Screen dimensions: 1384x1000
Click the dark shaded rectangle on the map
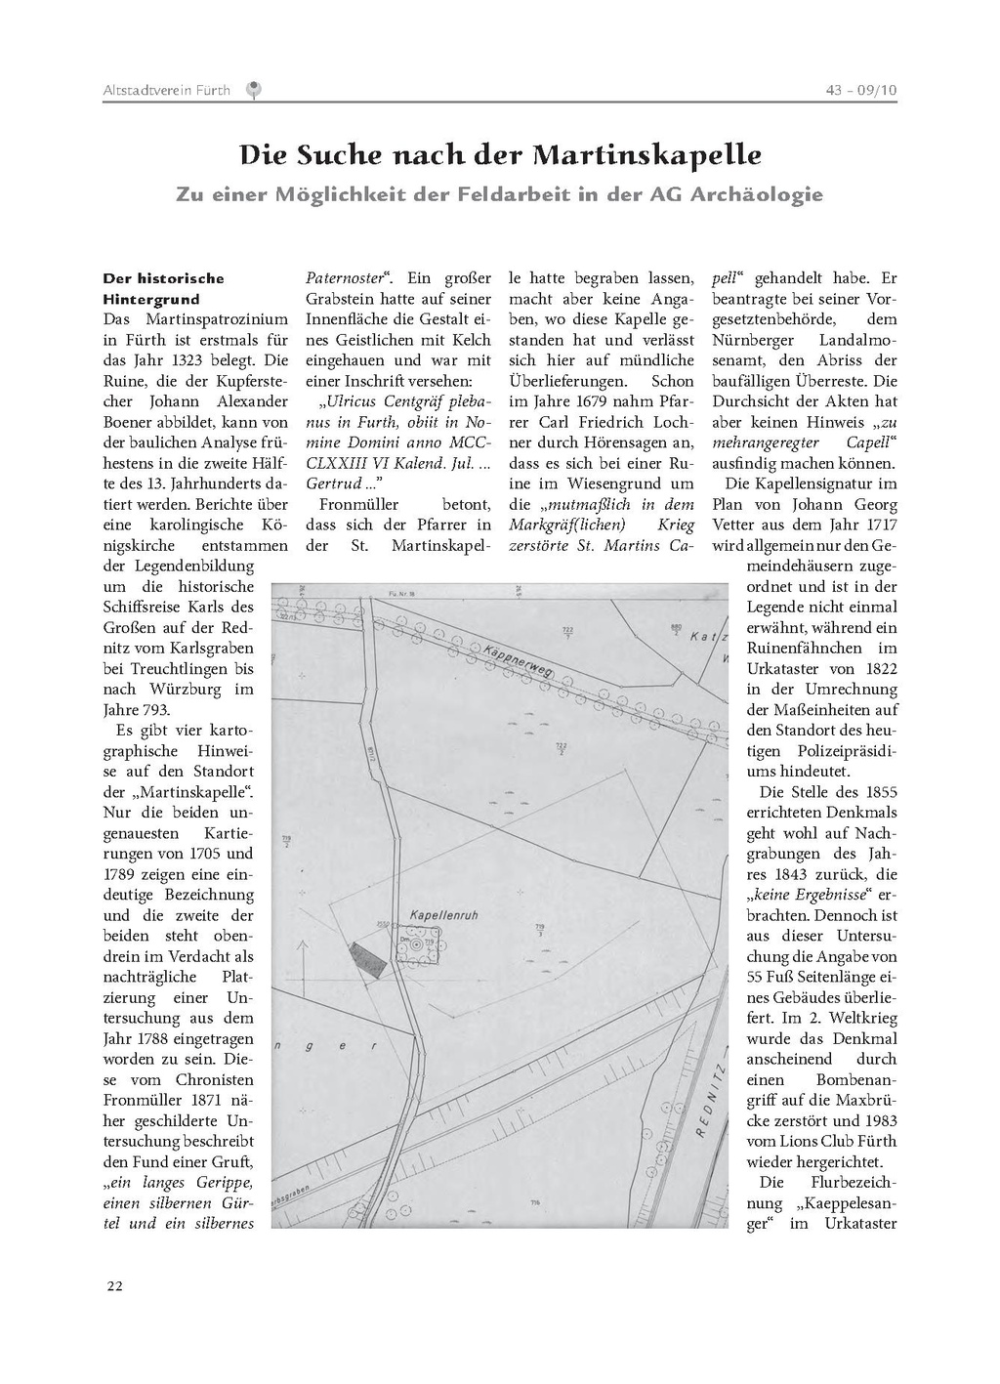tap(369, 960)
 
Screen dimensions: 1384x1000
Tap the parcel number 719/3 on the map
tap(540, 929)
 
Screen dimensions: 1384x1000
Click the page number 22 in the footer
tap(114, 1285)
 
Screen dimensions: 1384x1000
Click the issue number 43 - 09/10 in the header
tap(860, 90)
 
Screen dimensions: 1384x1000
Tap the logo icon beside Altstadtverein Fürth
tap(254, 90)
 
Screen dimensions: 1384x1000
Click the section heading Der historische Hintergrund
tap(163, 289)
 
